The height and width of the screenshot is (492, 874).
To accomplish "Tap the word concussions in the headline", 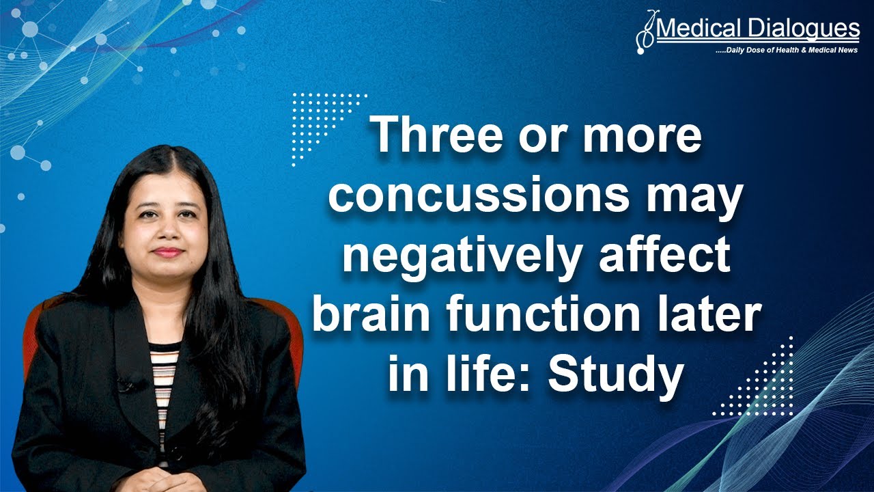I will (478, 195).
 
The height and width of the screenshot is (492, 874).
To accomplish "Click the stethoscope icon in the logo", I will (645, 33).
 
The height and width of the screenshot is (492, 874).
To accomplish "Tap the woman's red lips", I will (168, 251).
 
